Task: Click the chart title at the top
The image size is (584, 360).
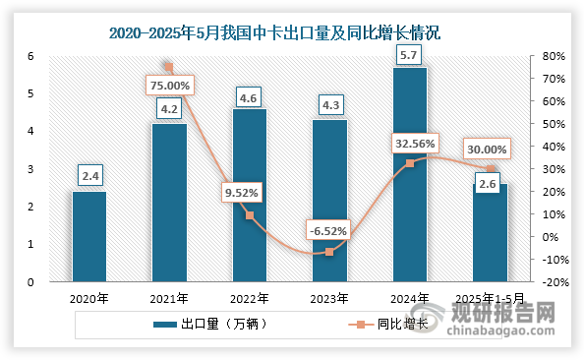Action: coord(274,32)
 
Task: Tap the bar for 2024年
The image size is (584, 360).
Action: coord(410,174)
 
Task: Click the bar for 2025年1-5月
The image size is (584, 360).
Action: coord(491,233)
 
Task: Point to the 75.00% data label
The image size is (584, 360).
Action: coord(170,85)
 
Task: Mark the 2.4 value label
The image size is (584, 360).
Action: coord(90,177)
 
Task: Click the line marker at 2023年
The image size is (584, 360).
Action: coord(329,252)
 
